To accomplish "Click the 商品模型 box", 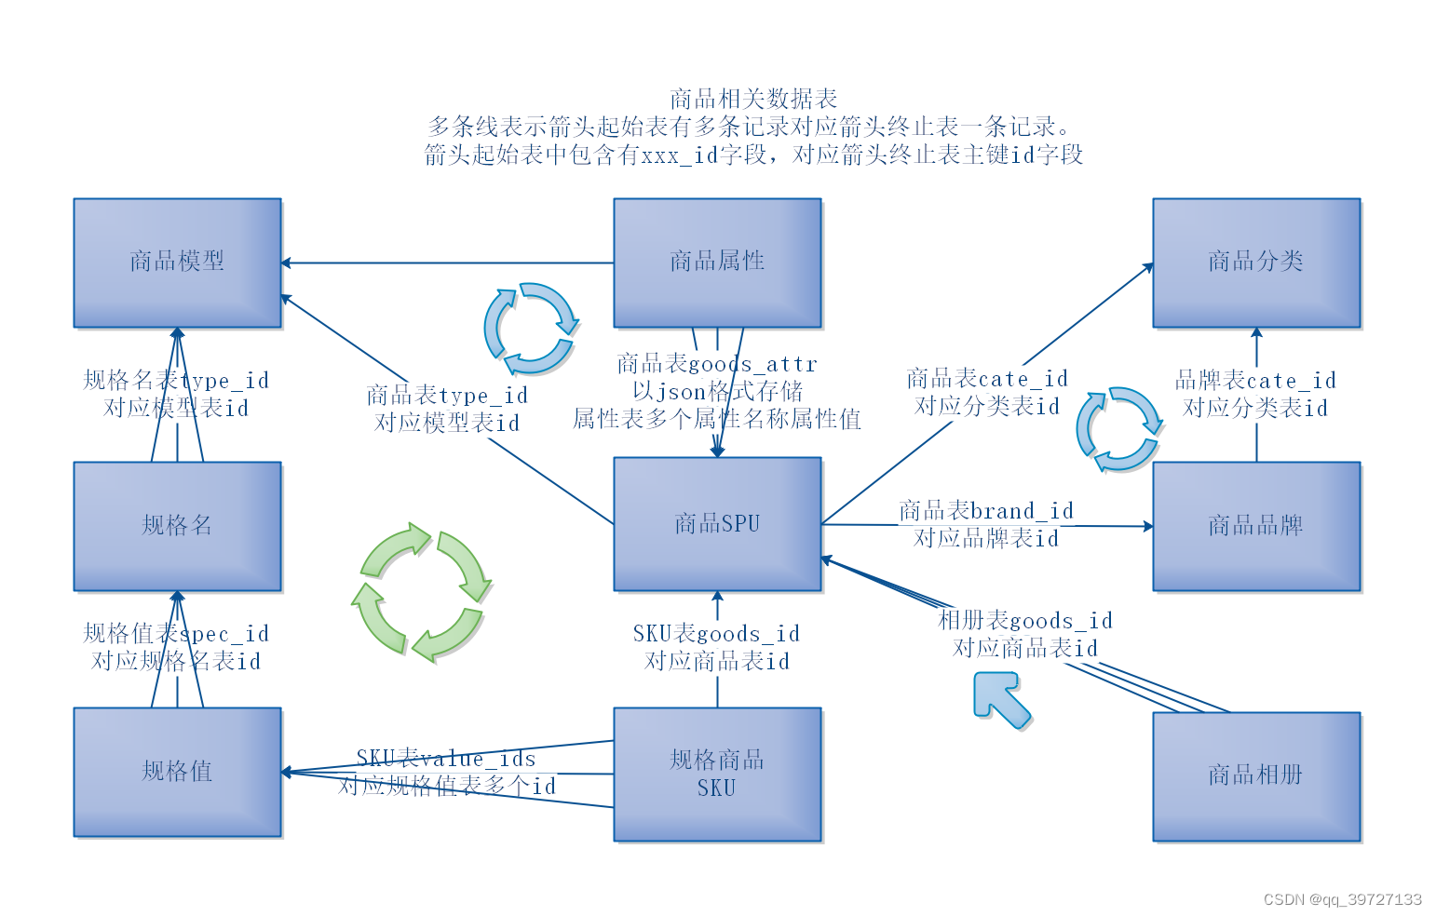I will tap(177, 263).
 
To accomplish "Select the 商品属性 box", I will tap(717, 263).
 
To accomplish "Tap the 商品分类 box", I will tap(1256, 263).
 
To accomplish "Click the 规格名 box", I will tap(177, 526).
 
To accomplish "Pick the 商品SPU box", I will tap(717, 524).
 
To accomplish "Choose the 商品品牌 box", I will tap(1256, 526).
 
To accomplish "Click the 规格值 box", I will tap(177, 772).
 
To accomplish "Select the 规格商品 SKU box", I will tap(717, 775).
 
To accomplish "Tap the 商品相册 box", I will tap(1256, 776).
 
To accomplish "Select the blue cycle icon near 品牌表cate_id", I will tap(1118, 429).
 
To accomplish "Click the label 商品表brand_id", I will tap(986, 511).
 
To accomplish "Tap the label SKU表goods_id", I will tap(716, 634).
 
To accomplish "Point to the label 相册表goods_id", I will tap(1024, 621).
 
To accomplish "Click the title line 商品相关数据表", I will tap(753, 99).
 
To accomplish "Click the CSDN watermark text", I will tap(1342, 899).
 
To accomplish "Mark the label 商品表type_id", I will tap(447, 396).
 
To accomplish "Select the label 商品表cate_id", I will tap(986, 379).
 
